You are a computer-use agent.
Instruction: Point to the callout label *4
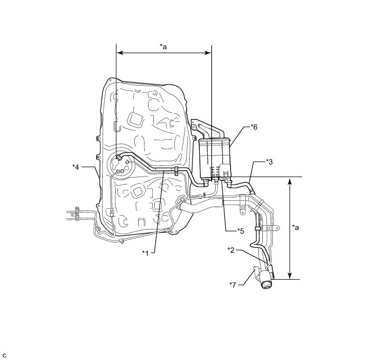click(x=76, y=167)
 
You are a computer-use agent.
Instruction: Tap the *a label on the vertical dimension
click(x=297, y=227)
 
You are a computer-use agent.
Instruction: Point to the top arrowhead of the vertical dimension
click(x=289, y=180)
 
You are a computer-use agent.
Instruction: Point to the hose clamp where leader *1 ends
click(x=174, y=170)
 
